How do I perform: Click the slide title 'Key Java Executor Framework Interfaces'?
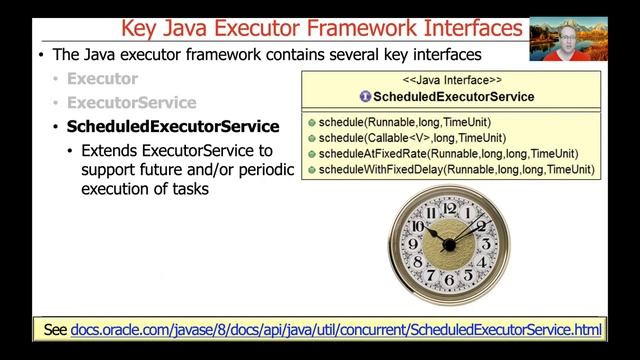[x=320, y=27]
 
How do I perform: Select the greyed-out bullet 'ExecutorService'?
[x=131, y=102]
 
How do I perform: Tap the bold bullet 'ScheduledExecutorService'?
[x=172, y=127]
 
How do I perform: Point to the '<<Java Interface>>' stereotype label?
[x=452, y=78]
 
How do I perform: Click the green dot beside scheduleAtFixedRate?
[x=312, y=154]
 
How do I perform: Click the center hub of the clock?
[x=448, y=244]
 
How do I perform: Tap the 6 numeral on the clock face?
[x=448, y=284]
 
